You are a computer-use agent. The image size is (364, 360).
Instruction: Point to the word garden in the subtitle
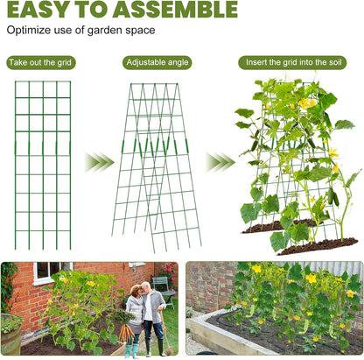[x=91, y=31]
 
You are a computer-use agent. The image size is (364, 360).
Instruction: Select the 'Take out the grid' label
[x=41, y=63]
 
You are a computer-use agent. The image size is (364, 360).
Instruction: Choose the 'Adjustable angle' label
[x=157, y=63]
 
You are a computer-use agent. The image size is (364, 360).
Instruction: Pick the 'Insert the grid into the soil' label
[x=296, y=63]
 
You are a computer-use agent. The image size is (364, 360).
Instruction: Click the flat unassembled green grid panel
[x=42, y=162]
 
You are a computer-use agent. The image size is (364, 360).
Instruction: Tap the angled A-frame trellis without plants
[x=156, y=166]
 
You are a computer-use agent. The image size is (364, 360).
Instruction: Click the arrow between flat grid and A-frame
[x=99, y=161]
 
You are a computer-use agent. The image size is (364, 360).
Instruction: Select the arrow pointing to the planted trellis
[x=220, y=161]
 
